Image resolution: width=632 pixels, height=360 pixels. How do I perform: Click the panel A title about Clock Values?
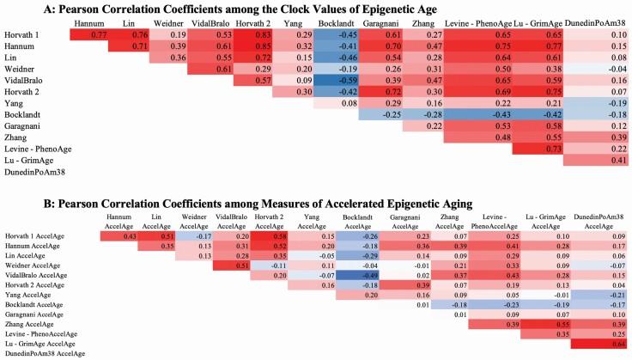pyautogui.click(x=315, y=9)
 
